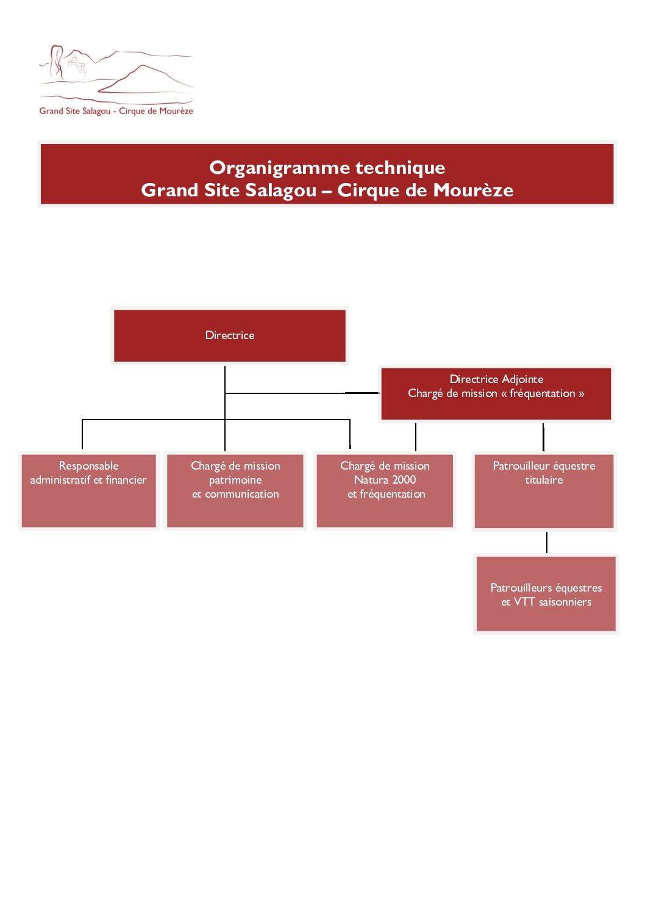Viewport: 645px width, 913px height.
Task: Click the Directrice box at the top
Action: click(x=229, y=335)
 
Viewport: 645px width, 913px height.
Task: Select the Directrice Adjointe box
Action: click(x=496, y=394)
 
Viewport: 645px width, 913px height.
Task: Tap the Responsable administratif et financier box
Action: click(x=89, y=491)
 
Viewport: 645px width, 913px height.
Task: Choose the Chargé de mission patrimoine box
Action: click(x=235, y=491)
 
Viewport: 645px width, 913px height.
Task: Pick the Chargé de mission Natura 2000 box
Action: click(x=385, y=491)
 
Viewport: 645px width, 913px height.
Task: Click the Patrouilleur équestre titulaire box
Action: click(x=544, y=491)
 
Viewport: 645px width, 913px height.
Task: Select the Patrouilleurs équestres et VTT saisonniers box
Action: click(x=546, y=594)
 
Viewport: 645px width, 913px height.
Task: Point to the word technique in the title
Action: click(x=400, y=168)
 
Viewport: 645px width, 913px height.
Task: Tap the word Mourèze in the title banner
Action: click(x=473, y=190)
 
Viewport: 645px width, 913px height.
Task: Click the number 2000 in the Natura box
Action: click(x=404, y=480)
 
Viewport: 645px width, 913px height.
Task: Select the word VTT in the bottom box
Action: click(x=524, y=601)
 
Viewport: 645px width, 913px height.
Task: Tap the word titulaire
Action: click(x=544, y=480)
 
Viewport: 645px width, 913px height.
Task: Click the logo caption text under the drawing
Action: click(x=116, y=111)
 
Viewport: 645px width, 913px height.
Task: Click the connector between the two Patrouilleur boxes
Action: click(x=546, y=542)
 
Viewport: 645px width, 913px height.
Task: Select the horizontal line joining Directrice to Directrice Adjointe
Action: click(x=302, y=393)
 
